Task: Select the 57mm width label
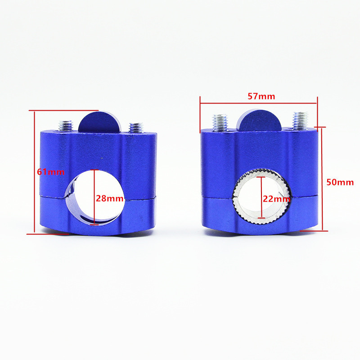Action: pos(261,96)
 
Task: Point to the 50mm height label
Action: pos(340,182)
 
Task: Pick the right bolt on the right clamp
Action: pos(300,120)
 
